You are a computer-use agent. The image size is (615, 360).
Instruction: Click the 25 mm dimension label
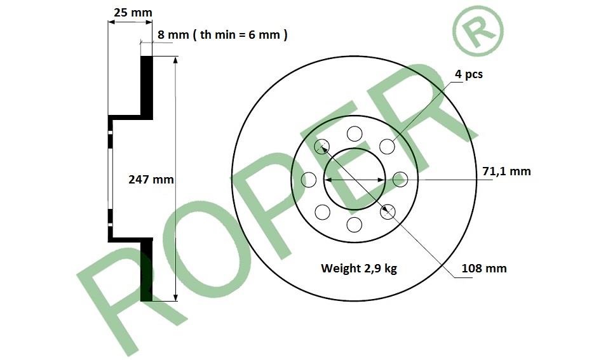click(x=133, y=13)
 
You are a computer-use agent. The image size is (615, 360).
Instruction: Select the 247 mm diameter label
click(x=151, y=179)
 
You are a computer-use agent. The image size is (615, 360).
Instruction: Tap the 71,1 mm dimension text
click(x=506, y=171)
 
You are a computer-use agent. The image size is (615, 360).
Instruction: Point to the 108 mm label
click(x=484, y=268)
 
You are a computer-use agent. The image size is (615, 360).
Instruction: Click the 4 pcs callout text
click(x=469, y=74)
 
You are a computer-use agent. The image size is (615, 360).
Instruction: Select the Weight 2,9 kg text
click(x=359, y=268)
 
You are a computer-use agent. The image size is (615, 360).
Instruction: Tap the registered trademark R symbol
click(x=478, y=30)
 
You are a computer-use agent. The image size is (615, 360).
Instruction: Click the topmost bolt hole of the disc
click(x=355, y=134)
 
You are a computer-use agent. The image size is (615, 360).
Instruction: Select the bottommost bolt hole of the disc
click(x=355, y=225)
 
